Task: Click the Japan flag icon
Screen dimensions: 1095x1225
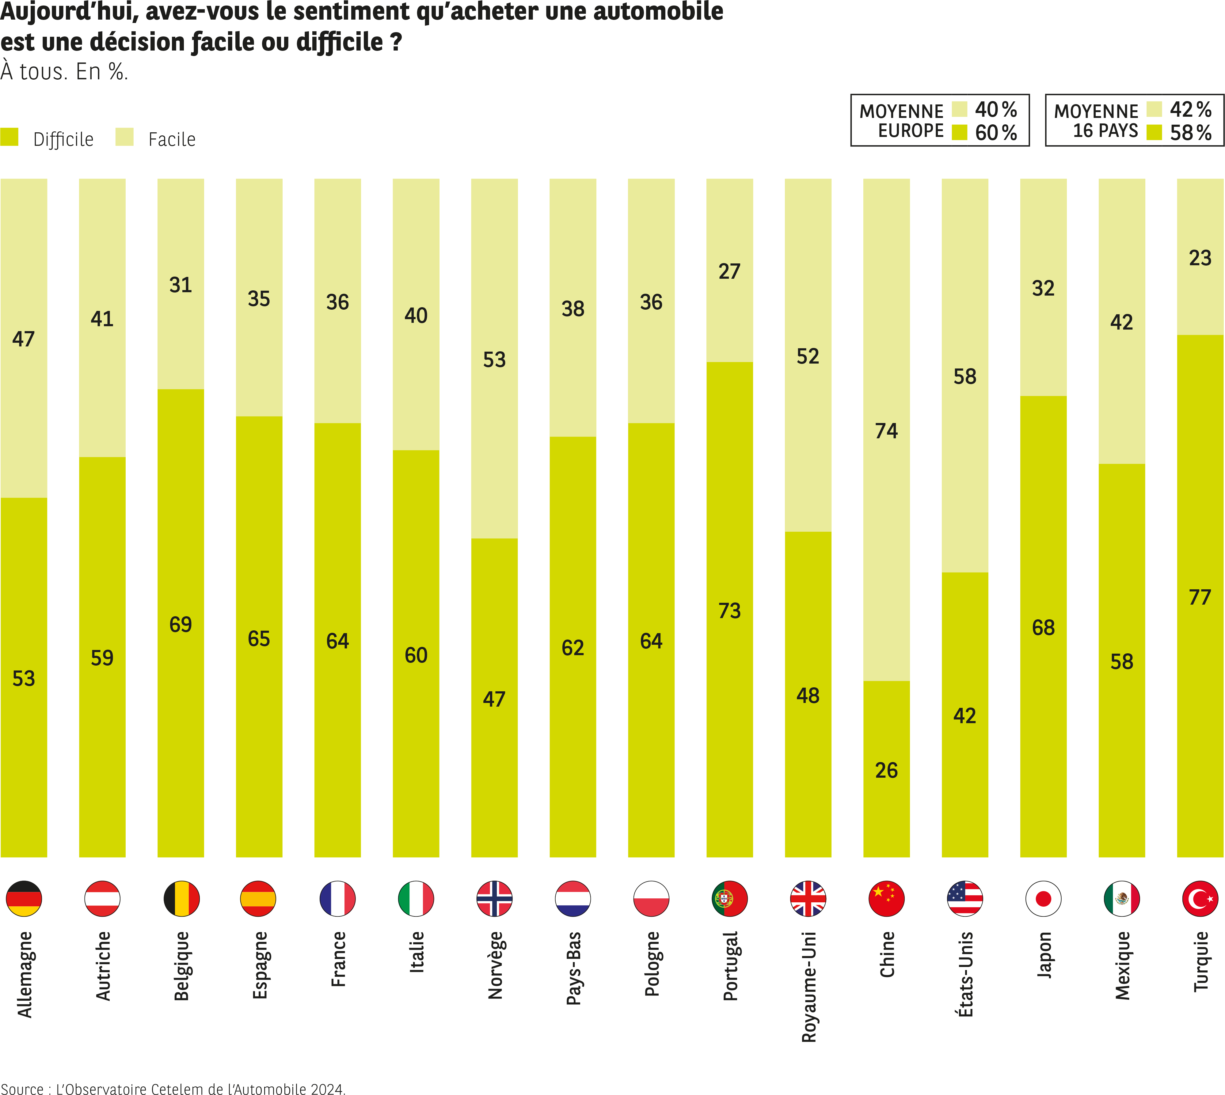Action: [x=1043, y=899]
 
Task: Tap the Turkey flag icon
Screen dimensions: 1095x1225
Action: [x=1200, y=899]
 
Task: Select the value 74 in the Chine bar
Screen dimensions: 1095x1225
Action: [x=886, y=431]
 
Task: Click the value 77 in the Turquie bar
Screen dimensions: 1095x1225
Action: [x=1200, y=598]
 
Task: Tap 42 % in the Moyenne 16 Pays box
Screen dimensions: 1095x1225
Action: [x=1190, y=110]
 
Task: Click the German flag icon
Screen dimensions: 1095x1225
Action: [x=24, y=899]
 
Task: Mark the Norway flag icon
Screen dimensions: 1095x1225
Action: [x=494, y=899]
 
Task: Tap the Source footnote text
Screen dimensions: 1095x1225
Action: [x=173, y=1088]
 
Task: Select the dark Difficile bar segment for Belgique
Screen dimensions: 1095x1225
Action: [x=181, y=662]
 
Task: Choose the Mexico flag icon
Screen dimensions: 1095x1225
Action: [x=1121, y=899]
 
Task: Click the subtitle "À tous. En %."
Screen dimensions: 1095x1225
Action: [x=64, y=72]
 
